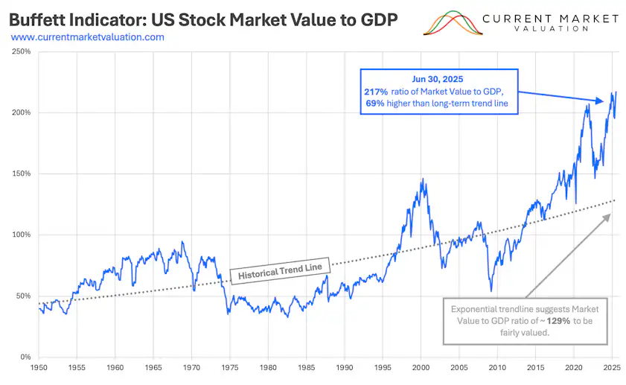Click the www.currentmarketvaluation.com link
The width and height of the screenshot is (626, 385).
tap(88, 36)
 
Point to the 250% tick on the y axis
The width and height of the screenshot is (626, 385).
tap(21, 52)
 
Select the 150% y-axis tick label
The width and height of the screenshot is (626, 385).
tap(21, 174)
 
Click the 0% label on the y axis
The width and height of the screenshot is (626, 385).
tap(25, 357)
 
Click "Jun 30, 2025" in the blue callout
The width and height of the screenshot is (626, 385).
tap(438, 78)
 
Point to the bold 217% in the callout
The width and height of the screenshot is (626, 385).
tap(374, 91)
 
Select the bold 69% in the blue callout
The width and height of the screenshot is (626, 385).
tap(375, 104)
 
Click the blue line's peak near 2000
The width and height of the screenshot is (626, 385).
tap(422, 179)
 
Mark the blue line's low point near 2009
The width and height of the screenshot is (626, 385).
tap(491, 290)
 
